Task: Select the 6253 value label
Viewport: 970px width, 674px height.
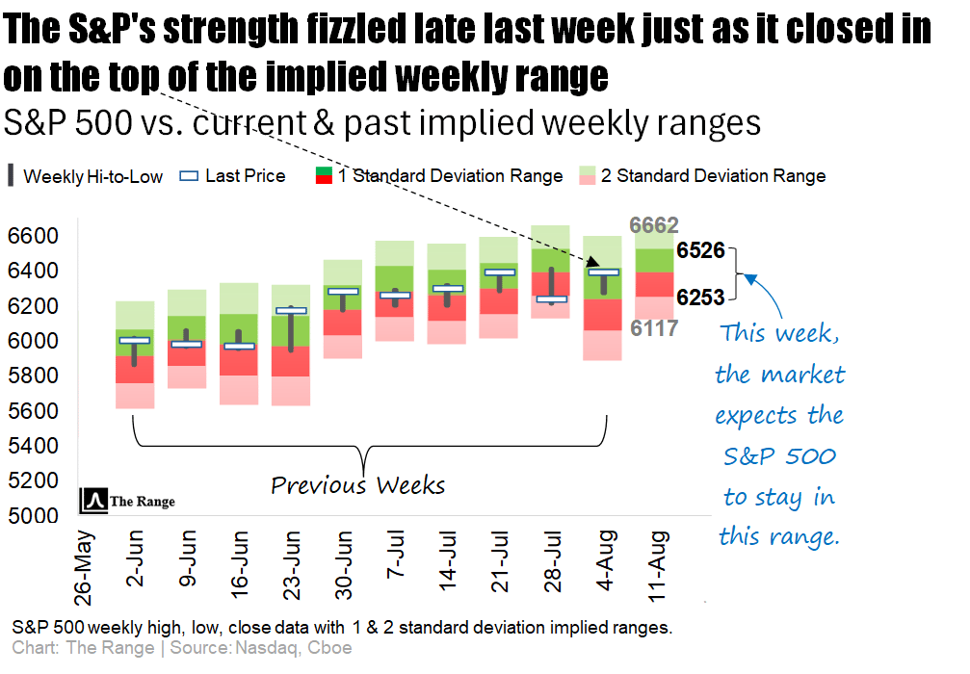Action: point(700,298)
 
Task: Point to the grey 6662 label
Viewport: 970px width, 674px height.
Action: point(654,226)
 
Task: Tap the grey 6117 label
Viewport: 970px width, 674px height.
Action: point(654,328)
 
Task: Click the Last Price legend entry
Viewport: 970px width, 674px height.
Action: point(234,175)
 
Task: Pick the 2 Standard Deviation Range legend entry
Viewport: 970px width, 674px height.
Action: point(701,175)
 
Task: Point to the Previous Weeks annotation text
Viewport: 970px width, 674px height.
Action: point(357,484)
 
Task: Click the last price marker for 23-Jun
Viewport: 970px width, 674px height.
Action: point(291,311)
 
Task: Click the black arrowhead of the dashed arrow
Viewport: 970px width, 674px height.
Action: point(597,261)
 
